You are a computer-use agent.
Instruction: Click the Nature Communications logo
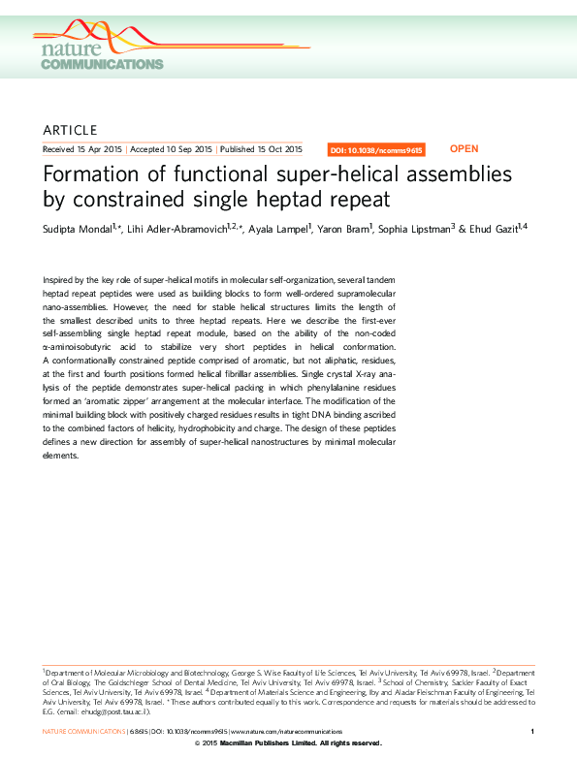(x=101, y=54)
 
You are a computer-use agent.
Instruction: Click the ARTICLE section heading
(x=71, y=130)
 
